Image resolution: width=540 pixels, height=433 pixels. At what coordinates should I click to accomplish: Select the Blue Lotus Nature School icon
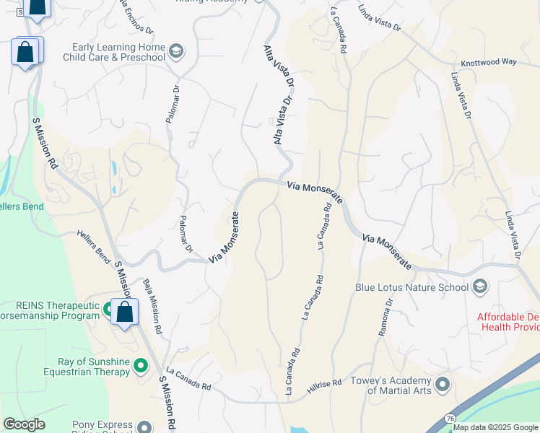479,287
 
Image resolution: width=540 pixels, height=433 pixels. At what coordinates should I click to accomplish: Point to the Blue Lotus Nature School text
411,287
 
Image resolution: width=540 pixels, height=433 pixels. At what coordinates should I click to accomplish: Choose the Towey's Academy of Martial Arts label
391,385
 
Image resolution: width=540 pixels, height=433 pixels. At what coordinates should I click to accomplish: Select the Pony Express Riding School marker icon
145,427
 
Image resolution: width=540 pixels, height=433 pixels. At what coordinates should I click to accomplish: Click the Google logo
24,424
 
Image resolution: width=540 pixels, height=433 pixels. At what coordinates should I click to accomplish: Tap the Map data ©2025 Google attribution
495,427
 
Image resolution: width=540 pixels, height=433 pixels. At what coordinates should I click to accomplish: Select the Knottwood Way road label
489,62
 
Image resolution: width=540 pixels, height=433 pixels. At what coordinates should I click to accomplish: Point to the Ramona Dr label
384,323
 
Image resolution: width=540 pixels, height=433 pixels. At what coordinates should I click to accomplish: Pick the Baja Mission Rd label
152,306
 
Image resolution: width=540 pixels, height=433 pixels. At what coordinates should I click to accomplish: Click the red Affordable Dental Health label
508,322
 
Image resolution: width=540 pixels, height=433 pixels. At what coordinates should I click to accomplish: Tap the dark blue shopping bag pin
38,7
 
